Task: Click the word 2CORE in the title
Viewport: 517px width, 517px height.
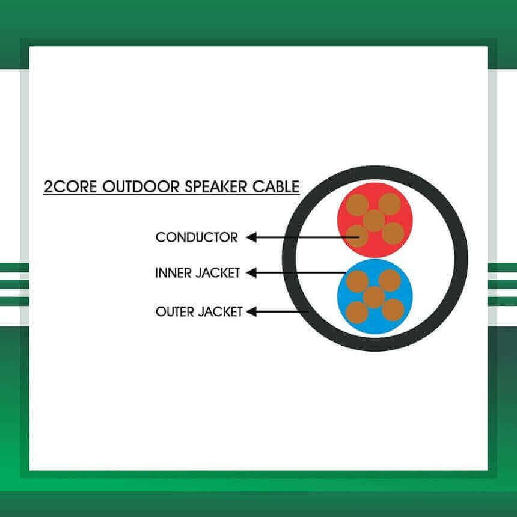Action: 70,186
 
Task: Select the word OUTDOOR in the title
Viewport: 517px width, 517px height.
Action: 141,186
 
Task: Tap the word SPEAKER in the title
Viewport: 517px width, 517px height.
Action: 216,186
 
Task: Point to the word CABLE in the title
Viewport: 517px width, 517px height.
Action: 276,186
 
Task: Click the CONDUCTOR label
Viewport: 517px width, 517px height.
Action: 197,237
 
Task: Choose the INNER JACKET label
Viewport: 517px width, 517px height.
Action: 198,273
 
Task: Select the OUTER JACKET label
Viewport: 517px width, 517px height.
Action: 199,311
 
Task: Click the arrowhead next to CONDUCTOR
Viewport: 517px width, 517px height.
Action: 251,237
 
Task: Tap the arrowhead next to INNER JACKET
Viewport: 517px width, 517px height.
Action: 251,273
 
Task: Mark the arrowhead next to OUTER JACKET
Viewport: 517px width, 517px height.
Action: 251,311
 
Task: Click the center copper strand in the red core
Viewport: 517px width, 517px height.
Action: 375,221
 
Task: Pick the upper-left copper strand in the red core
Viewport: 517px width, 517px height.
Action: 357,205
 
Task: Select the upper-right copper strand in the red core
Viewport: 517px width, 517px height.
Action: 390,204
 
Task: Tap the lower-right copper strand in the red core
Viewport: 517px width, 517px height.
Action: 393,233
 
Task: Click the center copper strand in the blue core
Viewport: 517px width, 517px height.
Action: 375,298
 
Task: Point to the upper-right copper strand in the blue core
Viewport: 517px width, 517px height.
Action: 390,281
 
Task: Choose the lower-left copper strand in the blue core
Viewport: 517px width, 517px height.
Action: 357,313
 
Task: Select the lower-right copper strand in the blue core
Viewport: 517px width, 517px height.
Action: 393,310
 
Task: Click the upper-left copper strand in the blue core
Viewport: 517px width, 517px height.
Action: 358,281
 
